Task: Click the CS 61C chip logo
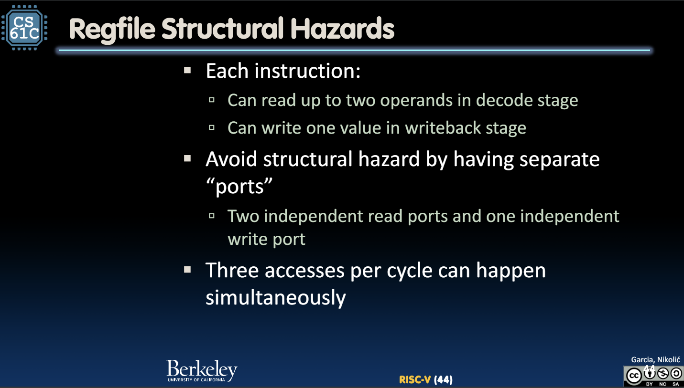[x=24, y=27]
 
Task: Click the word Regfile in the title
[x=112, y=30]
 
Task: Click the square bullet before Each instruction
[x=187, y=71]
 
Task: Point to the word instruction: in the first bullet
[x=307, y=71]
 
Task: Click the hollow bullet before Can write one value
[x=212, y=128]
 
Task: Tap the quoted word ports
[x=239, y=187]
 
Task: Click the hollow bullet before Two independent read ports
[x=212, y=216]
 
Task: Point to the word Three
[x=232, y=270]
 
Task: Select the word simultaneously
[x=276, y=297]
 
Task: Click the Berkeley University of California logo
[x=202, y=371]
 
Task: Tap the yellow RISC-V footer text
[x=415, y=379]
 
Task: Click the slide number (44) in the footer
[x=443, y=379]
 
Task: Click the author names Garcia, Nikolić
[x=656, y=360]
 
